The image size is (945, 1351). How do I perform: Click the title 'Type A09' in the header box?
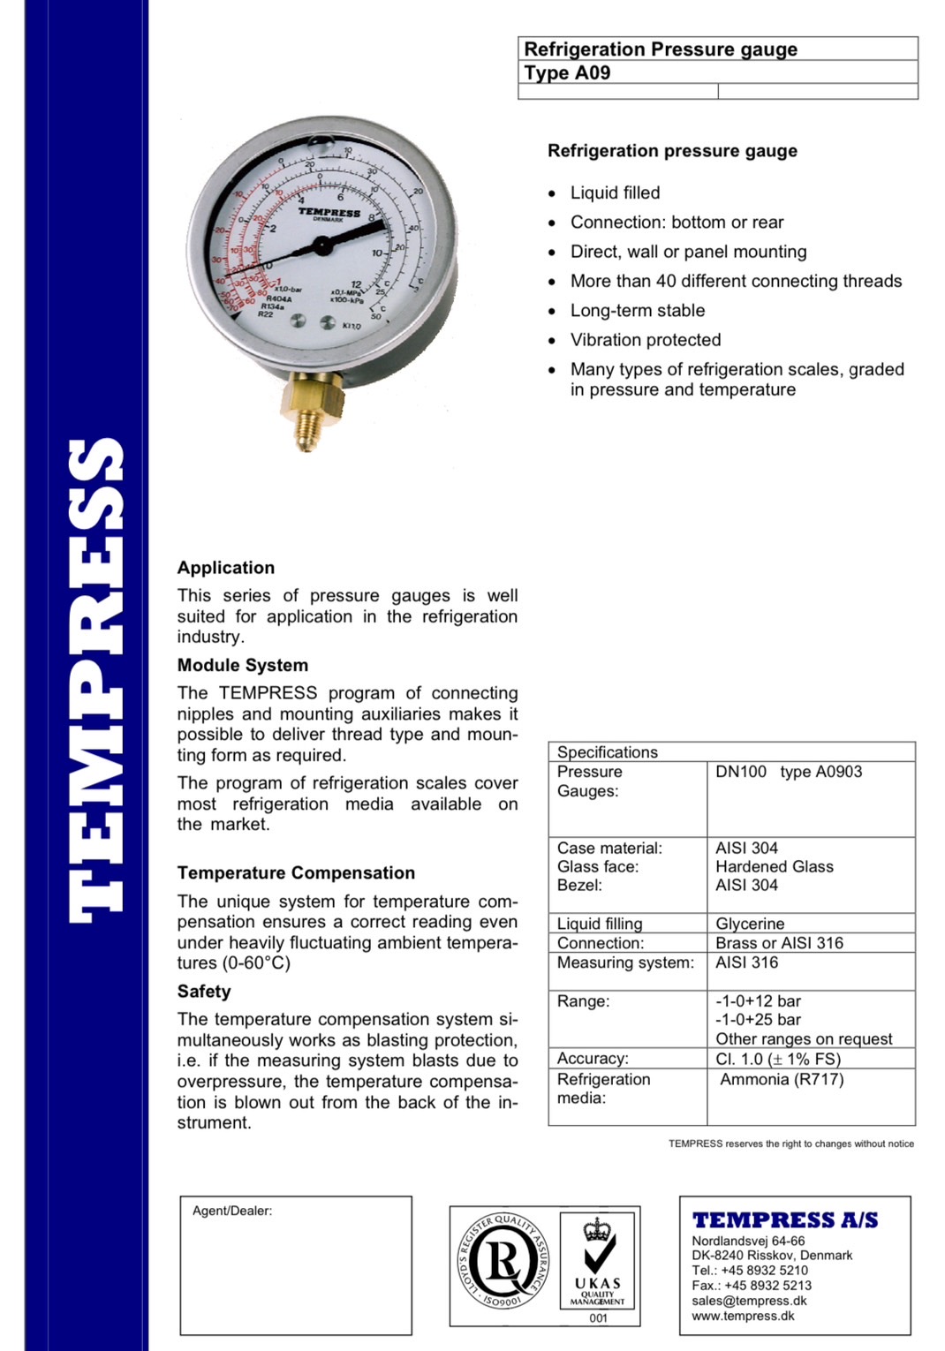(x=567, y=73)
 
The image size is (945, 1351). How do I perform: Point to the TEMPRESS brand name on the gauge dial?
(x=329, y=212)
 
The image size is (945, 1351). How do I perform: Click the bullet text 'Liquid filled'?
(x=615, y=192)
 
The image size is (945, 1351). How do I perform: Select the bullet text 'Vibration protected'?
(x=645, y=340)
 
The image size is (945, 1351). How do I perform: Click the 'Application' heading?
(x=226, y=568)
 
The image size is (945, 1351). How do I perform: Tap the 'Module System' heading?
(x=243, y=665)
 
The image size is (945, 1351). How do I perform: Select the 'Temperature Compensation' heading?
(x=296, y=872)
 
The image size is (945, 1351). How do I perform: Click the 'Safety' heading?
(x=204, y=991)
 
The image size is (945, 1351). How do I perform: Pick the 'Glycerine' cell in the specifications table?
(x=750, y=924)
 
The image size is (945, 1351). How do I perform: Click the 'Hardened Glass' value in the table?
(x=774, y=866)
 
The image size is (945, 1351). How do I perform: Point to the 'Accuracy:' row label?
(x=593, y=1058)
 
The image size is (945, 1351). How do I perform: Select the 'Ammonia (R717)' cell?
(x=782, y=1079)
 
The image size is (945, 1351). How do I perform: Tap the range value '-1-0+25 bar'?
(x=758, y=1020)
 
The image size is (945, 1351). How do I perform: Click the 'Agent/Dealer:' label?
(x=232, y=1211)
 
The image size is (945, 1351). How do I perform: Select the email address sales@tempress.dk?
(x=749, y=1301)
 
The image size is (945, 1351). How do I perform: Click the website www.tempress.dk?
(x=743, y=1316)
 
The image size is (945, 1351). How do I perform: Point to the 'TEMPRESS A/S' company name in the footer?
(x=785, y=1220)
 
